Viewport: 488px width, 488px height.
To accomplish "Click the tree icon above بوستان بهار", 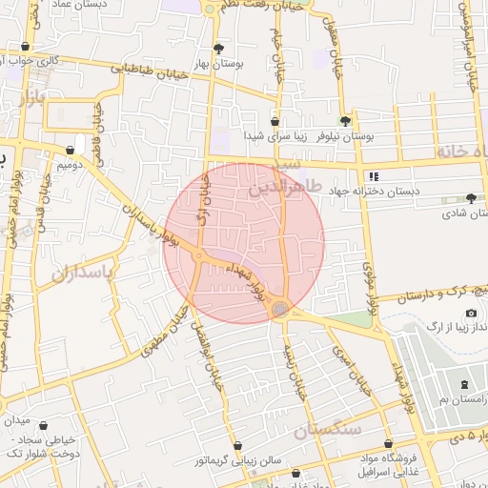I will (219, 48).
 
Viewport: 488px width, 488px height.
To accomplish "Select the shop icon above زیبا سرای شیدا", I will (274, 121).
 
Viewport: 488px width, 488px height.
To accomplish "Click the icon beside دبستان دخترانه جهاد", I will (373, 176).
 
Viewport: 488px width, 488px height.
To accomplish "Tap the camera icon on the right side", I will (471, 314).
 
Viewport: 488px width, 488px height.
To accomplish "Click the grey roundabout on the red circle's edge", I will (279, 309).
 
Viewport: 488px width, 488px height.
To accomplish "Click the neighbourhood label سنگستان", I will (328, 431).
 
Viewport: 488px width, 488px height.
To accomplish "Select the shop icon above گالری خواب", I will (25, 46).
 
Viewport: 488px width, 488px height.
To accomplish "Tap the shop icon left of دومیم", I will (71, 150).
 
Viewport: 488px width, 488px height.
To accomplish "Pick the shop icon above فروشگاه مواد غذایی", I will (388, 444).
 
